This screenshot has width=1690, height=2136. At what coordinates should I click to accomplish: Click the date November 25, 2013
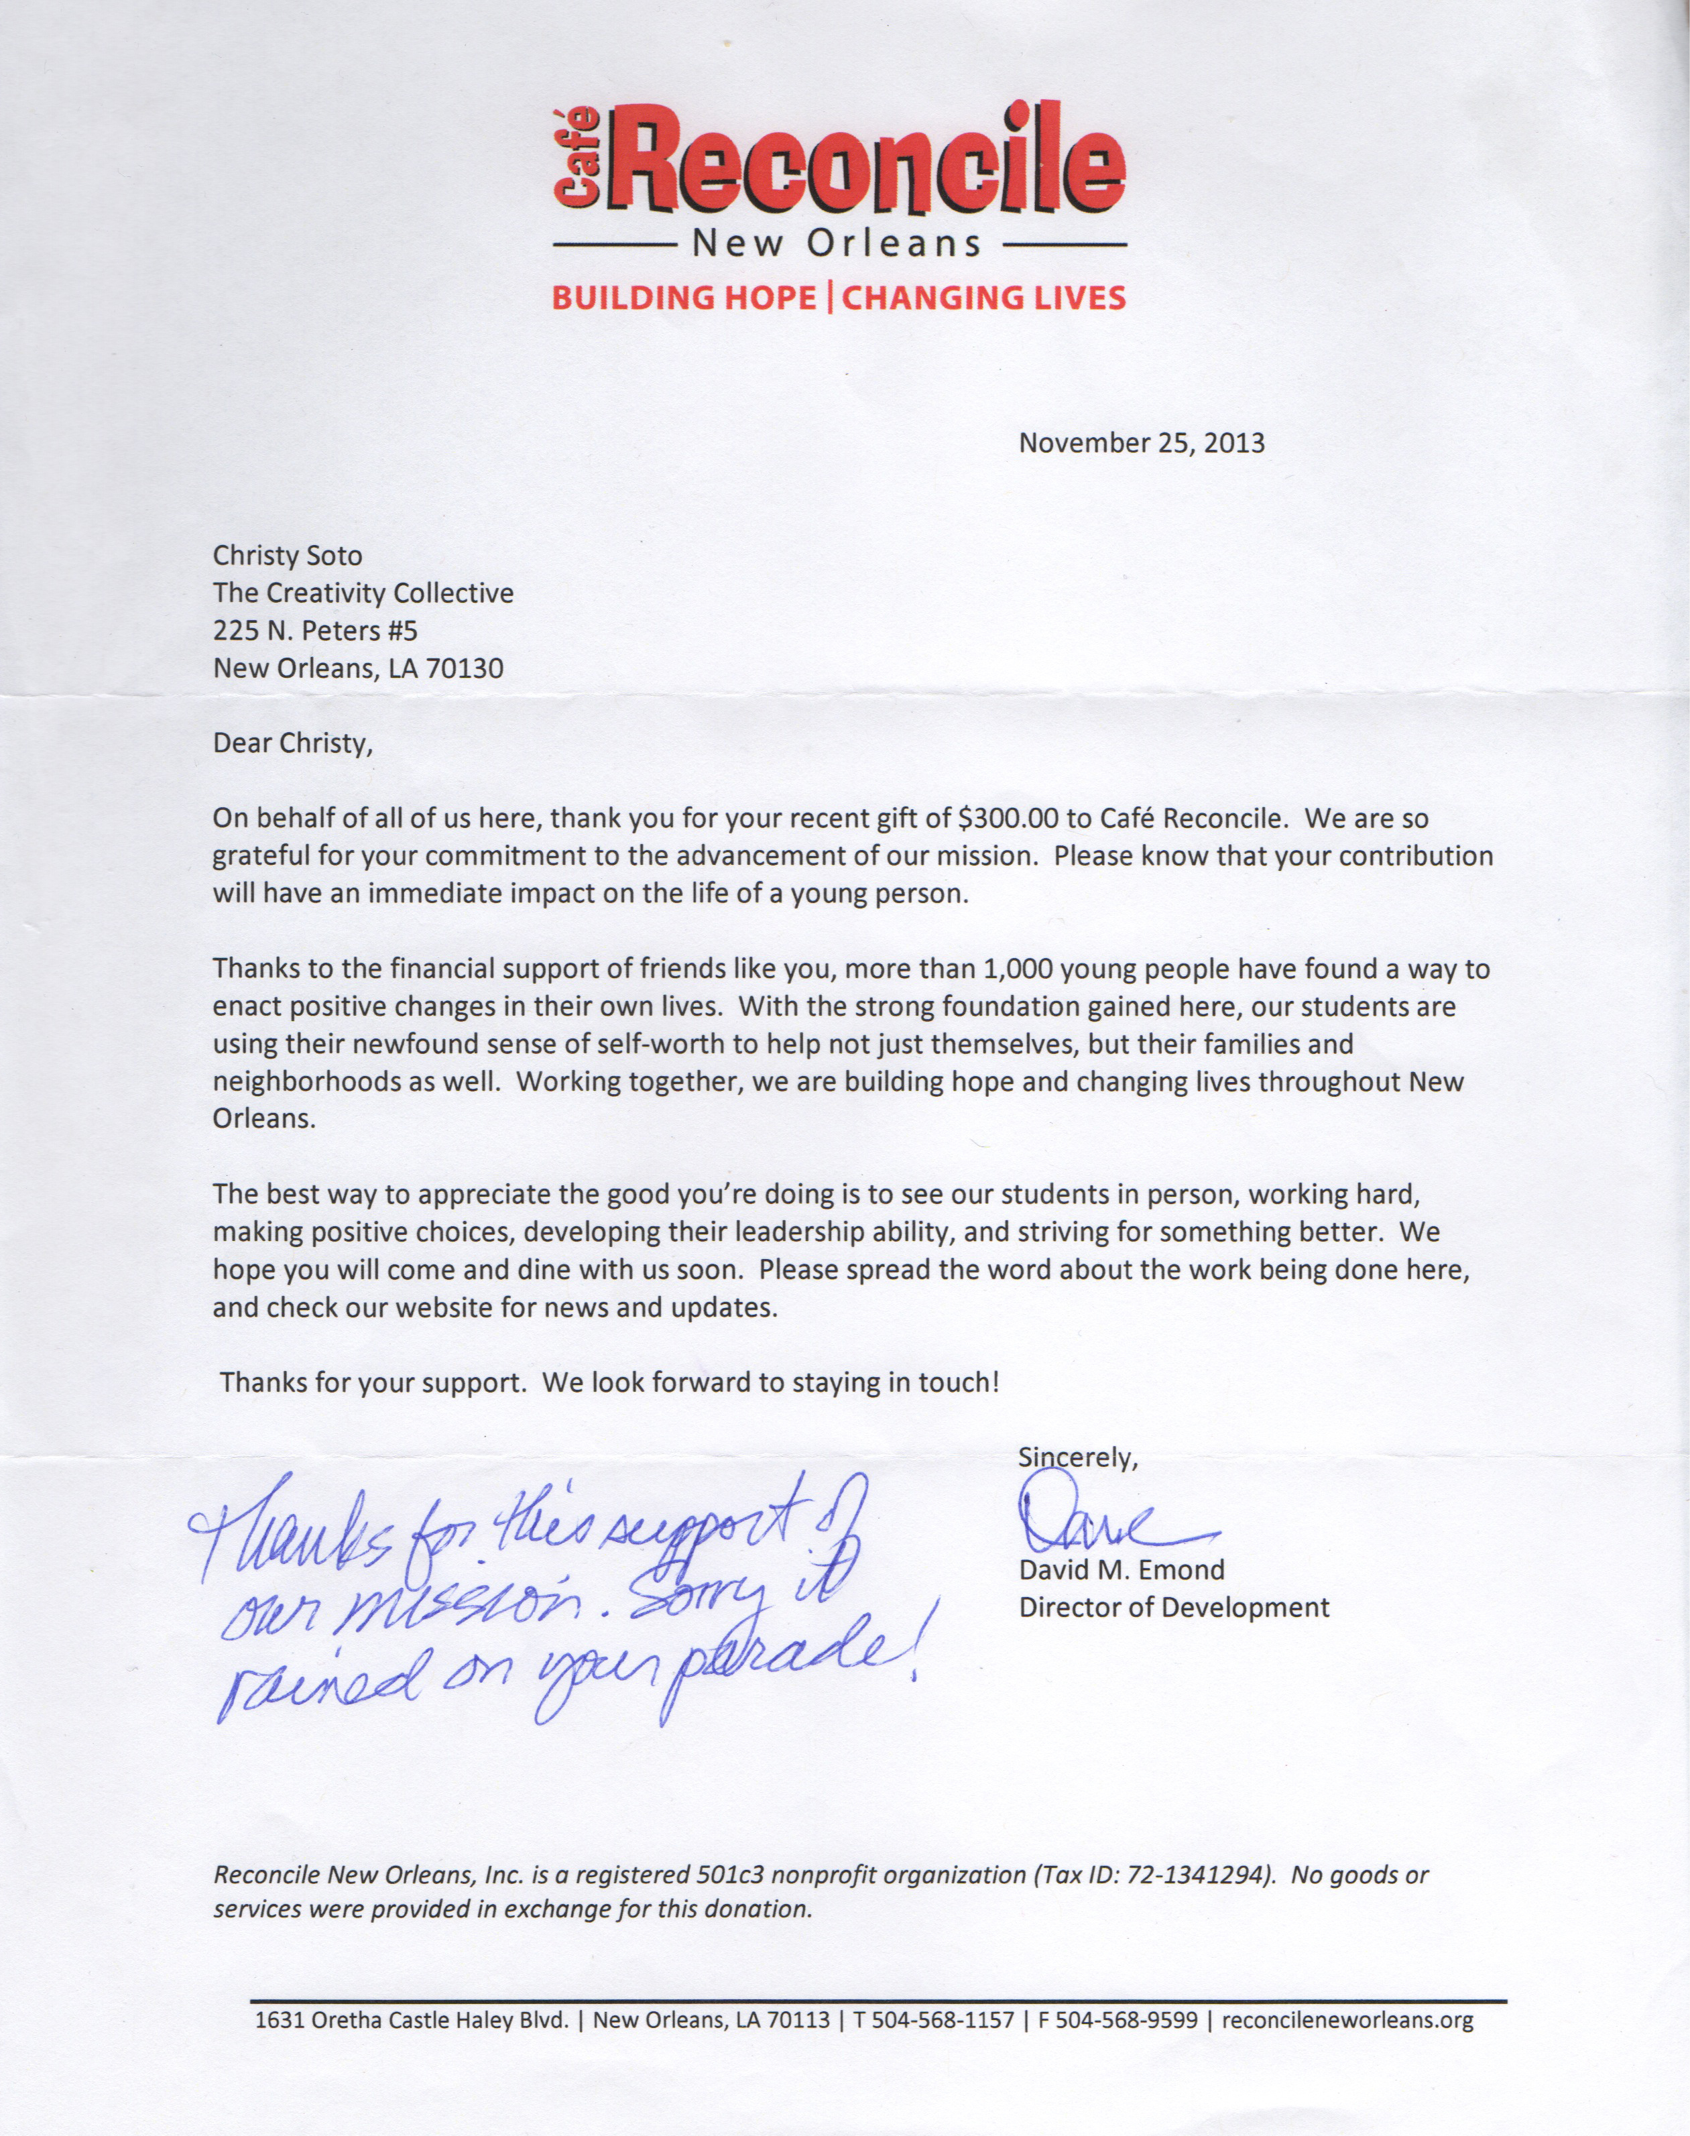(1142, 442)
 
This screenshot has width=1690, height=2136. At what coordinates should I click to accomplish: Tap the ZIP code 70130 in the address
(465, 669)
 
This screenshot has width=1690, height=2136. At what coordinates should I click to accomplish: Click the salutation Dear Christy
(294, 742)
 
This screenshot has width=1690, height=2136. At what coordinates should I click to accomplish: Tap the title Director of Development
(1174, 1608)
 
